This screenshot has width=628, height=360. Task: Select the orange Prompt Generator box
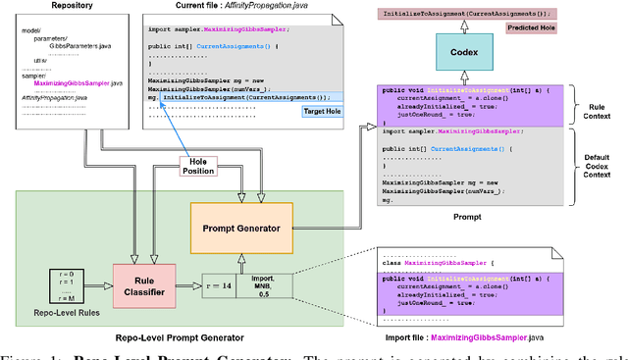click(241, 229)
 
